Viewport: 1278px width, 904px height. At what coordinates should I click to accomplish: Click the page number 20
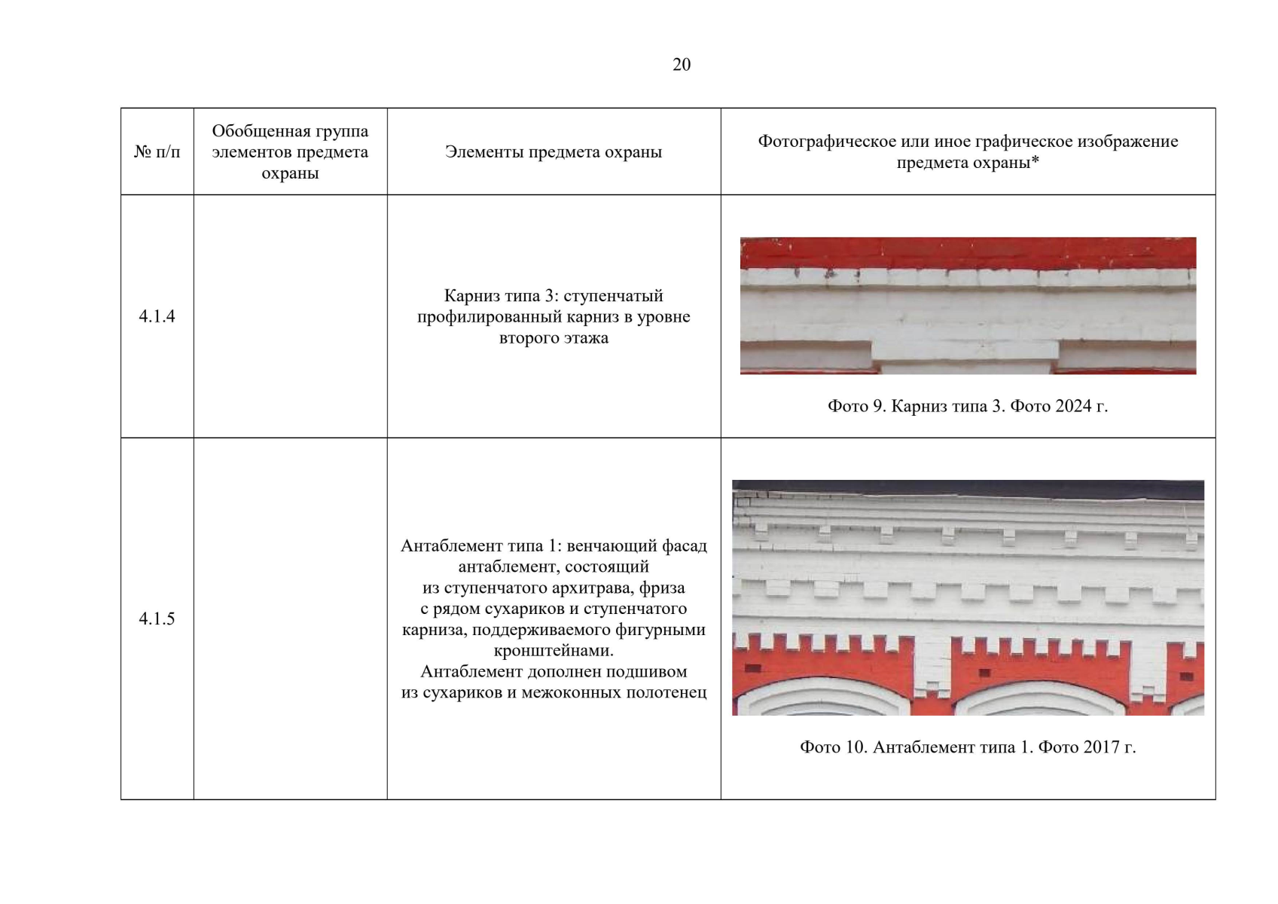[682, 65]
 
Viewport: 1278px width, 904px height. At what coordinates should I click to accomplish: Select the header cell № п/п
[157, 152]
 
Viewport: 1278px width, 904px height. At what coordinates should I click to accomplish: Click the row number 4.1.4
[157, 316]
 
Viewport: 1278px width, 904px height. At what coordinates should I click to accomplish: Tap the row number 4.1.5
[157, 618]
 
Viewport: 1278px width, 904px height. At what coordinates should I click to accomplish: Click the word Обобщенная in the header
[252, 131]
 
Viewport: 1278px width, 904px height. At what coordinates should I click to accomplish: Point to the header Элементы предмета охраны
[554, 152]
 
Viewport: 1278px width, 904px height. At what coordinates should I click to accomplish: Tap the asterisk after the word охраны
[1035, 160]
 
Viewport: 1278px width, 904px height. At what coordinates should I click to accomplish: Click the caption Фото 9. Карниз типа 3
[917, 406]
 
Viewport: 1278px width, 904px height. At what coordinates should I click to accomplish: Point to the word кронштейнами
[554, 651]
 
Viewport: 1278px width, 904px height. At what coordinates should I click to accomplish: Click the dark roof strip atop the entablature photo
[968, 490]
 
